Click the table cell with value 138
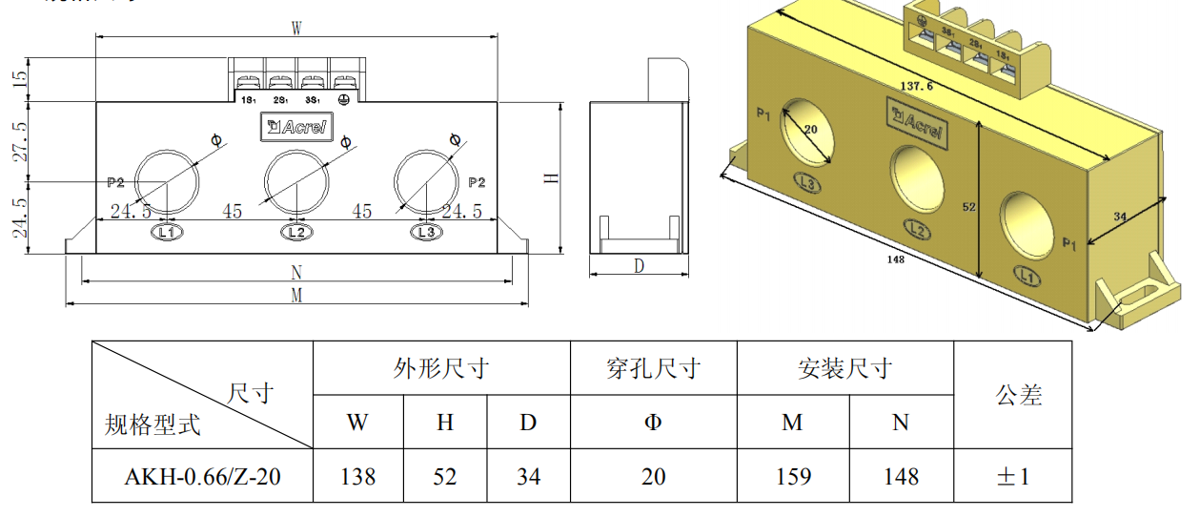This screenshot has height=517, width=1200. [x=358, y=476]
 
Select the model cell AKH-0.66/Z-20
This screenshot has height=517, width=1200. [x=202, y=476]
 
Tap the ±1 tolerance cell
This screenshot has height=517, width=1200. [x=1012, y=476]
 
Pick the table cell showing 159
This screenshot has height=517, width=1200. [x=793, y=476]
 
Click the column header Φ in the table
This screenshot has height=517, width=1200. [x=653, y=422]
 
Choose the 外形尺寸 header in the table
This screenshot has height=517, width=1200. [x=441, y=368]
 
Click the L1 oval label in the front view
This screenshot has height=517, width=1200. [x=166, y=232]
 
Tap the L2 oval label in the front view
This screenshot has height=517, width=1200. [x=296, y=232]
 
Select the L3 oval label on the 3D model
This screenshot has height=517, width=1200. [x=807, y=183]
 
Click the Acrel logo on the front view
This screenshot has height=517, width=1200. [x=296, y=127]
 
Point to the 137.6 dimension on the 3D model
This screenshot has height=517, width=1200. [x=916, y=86]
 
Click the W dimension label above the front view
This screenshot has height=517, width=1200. [x=296, y=29]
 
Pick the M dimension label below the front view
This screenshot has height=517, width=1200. [x=296, y=296]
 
